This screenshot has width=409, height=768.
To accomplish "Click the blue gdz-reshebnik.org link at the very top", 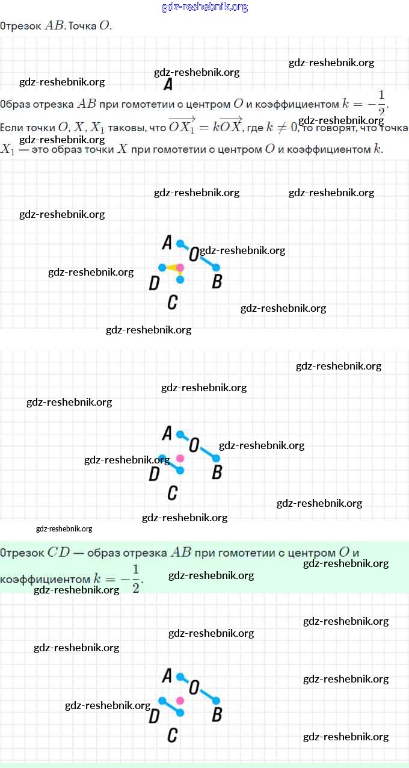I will [x=204, y=7].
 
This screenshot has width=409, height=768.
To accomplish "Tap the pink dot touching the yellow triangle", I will [x=180, y=267].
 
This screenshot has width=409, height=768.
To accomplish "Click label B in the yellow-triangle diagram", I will [x=217, y=281].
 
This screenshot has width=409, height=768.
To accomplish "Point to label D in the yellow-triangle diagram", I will [x=154, y=283].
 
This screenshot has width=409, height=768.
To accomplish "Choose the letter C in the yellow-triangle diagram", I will [x=172, y=302].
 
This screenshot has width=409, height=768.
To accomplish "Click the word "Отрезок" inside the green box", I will [x=22, y=553].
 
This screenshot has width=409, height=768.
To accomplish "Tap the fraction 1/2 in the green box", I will [x=135, y=579].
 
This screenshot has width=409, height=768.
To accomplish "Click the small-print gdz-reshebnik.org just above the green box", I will [x=64, y=529].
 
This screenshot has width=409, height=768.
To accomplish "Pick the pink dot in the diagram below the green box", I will [x=180, y=700].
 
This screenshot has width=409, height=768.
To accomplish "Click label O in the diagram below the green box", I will [x=194, y=687].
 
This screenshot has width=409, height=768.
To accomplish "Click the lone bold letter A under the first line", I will [x=168, y=84].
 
